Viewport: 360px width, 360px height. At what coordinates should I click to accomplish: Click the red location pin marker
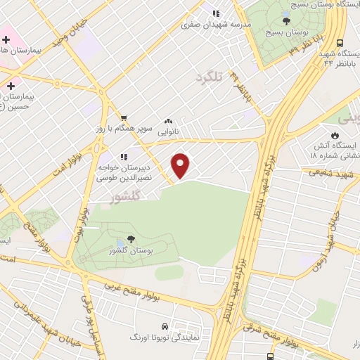click(x=181, y=165)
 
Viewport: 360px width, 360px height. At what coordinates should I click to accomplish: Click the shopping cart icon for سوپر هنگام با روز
click(x=124, y=118)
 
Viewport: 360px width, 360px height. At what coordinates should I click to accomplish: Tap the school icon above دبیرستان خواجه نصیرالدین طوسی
click(x=124, y=157)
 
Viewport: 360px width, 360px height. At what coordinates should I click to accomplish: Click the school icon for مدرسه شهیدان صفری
click(x=217, y=13)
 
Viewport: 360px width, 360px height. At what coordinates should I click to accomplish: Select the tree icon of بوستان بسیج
click(x=285, y=21)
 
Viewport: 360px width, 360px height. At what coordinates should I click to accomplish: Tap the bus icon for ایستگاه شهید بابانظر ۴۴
click(x=340, y=42)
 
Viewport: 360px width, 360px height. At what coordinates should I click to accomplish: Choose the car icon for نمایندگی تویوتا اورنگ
click(x=164, y=327)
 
